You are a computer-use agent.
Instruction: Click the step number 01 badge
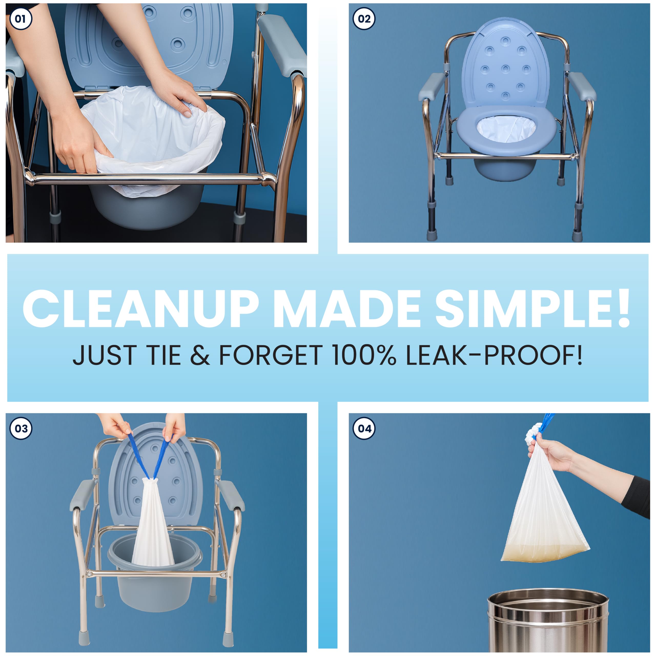point(21,18)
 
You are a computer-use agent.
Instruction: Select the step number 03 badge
point(21,428)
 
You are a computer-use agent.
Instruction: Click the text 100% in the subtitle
point(364,355)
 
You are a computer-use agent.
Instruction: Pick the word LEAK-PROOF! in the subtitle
point(494,355)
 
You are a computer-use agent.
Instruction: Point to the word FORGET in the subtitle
point(271,355)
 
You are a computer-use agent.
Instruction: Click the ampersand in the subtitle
point(200,355)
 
